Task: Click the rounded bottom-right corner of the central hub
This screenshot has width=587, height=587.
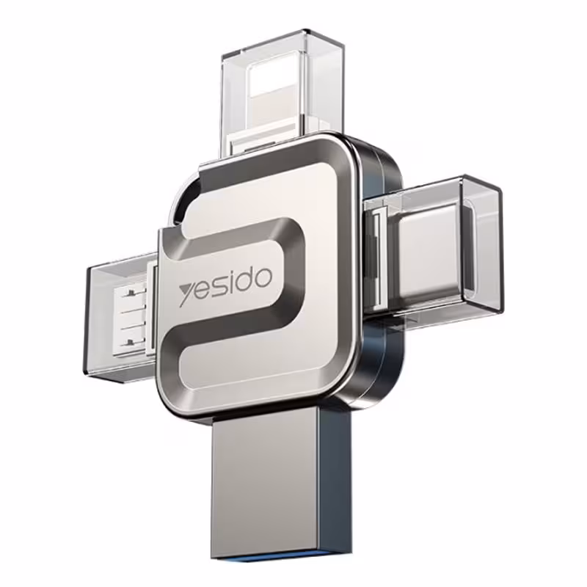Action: (345, 396)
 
